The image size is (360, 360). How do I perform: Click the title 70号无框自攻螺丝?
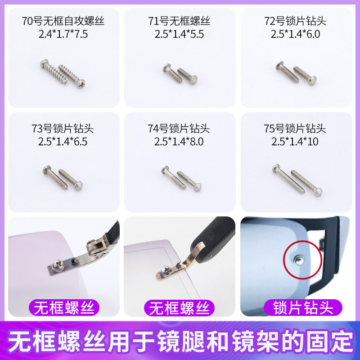tap(63, 21)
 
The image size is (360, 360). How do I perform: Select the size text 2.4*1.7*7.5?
tap(63, 34)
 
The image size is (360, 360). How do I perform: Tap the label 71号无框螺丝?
tap(179, 21)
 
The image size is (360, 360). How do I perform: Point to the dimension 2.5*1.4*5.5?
tap(179, 34)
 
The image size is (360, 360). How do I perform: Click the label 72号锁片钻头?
tap(295, 21)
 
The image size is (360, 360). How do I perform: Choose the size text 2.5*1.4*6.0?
tap(295, 34)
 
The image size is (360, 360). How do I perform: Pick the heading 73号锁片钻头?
tap(63, 129)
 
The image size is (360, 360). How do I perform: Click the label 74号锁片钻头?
tap(179, 129)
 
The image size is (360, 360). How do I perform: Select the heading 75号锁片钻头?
tap(295, 129)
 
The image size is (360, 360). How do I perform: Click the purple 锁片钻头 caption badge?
tap(303, 308)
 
